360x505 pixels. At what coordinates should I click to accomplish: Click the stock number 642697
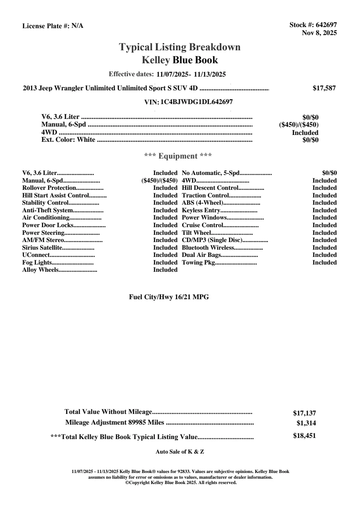coord(326,25)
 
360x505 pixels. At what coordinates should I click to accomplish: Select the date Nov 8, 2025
coord(319,33)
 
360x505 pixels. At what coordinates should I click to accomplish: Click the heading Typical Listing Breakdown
coord(180,47)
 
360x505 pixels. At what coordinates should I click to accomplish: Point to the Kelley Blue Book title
coord(180,60)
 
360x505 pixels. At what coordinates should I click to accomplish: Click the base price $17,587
coord(324,88)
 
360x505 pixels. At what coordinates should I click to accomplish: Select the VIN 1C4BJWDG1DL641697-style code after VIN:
coord(197,102)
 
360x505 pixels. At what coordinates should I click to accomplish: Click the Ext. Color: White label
coord(68,139)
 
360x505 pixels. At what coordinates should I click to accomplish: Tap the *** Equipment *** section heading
coord(178,156)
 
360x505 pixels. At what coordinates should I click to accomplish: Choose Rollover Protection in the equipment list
coord(49,188)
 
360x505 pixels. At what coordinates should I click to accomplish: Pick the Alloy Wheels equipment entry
coord(40,270)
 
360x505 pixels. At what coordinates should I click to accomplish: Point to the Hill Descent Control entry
coord(210,188)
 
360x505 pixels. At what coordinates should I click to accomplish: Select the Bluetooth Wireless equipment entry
coord(208,248)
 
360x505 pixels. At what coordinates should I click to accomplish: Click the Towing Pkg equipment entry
coord(198,263)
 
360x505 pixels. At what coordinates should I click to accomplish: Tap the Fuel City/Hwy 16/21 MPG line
coord(169,297)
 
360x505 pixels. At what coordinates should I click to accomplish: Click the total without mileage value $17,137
coord(304,413)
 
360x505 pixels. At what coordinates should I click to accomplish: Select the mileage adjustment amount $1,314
coord(306,423)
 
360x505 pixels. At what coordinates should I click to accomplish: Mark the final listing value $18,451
coord(304,436)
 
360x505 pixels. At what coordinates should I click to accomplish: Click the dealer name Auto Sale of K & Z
coord(180,452)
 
